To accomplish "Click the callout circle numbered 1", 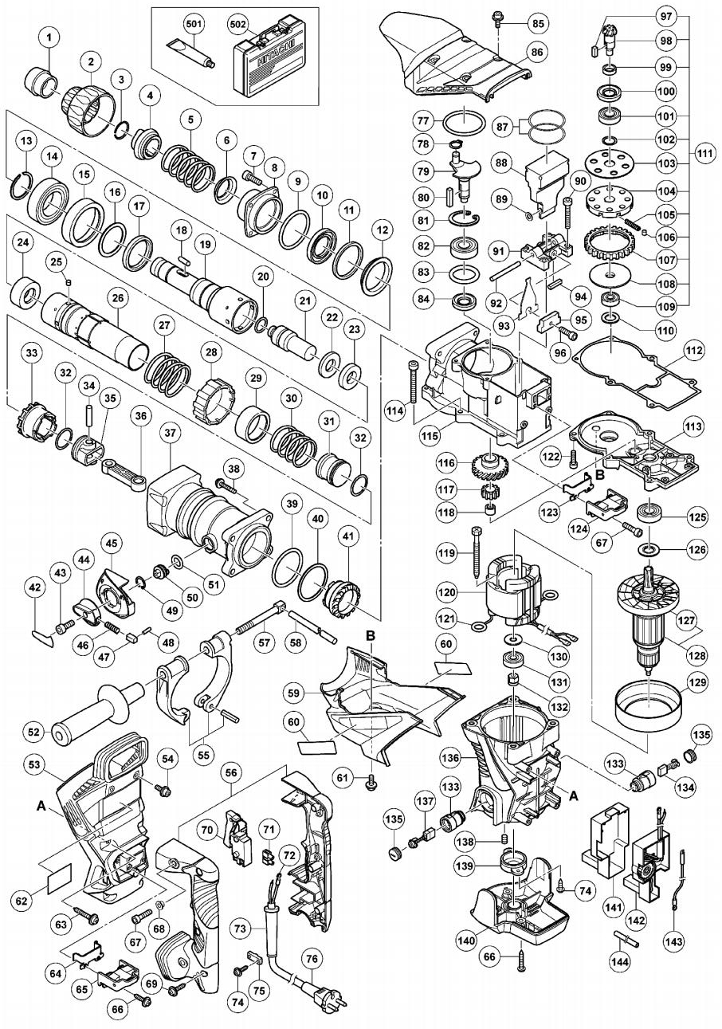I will (50, 36).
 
